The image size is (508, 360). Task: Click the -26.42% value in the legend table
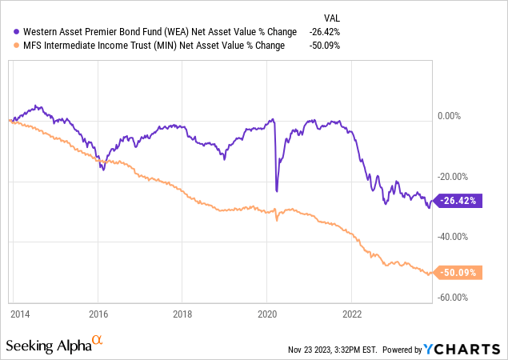click(325, 32)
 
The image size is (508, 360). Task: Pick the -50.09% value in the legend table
click(325, 46)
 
